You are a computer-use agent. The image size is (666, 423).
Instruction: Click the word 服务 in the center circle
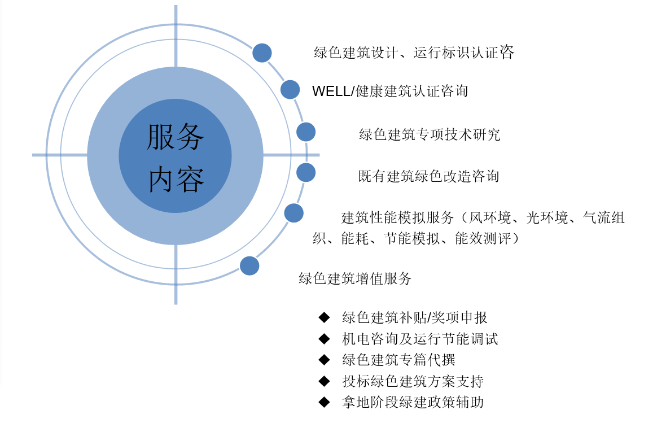(176, 137)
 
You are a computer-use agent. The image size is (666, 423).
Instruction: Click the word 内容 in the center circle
(176, 180)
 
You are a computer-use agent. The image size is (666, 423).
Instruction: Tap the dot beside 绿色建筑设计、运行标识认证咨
(262, 53)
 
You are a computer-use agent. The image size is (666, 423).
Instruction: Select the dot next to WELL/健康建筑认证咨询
(290, 90)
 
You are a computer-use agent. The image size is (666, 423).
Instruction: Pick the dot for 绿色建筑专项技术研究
(306, 132)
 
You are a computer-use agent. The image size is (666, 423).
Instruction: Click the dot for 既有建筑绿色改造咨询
(306, 173)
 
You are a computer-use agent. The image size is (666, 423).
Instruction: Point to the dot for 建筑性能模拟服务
(293, 213)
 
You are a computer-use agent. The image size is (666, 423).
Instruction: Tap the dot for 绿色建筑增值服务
(249, 265)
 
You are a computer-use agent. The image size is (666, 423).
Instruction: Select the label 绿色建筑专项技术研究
(430, 135)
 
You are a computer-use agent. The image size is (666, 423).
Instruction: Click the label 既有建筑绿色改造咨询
(428, 176)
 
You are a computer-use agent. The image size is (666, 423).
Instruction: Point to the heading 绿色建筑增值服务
(355, 279)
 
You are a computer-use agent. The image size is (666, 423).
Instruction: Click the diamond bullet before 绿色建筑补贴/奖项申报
(324, 317)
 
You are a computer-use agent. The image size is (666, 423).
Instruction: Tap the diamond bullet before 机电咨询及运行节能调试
(324, 338)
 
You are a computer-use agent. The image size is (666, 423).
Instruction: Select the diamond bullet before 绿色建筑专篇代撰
(324, 360)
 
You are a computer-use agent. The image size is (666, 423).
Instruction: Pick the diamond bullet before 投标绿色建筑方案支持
(324, 381)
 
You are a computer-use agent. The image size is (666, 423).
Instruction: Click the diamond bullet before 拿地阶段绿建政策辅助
(324, 402)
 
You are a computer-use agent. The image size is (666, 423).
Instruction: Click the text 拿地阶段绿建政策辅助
(413, 402)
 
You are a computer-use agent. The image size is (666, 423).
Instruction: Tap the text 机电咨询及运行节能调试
(420, 339)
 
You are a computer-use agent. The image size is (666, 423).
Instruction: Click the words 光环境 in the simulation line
(547, 217)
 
